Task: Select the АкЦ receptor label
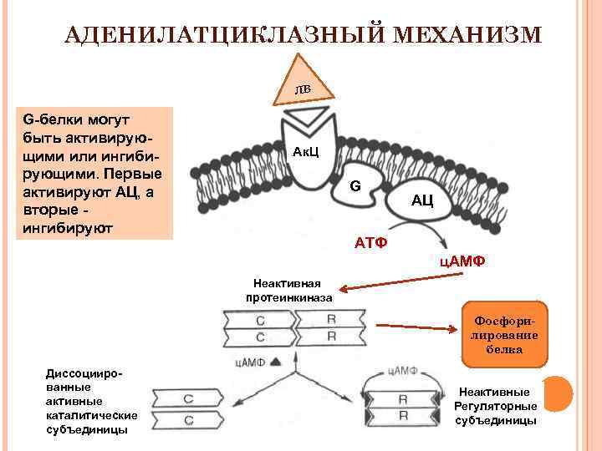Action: pyautogui.click(x=302, y=153)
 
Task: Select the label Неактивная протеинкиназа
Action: pyautogui.click(x=288, y=291)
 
